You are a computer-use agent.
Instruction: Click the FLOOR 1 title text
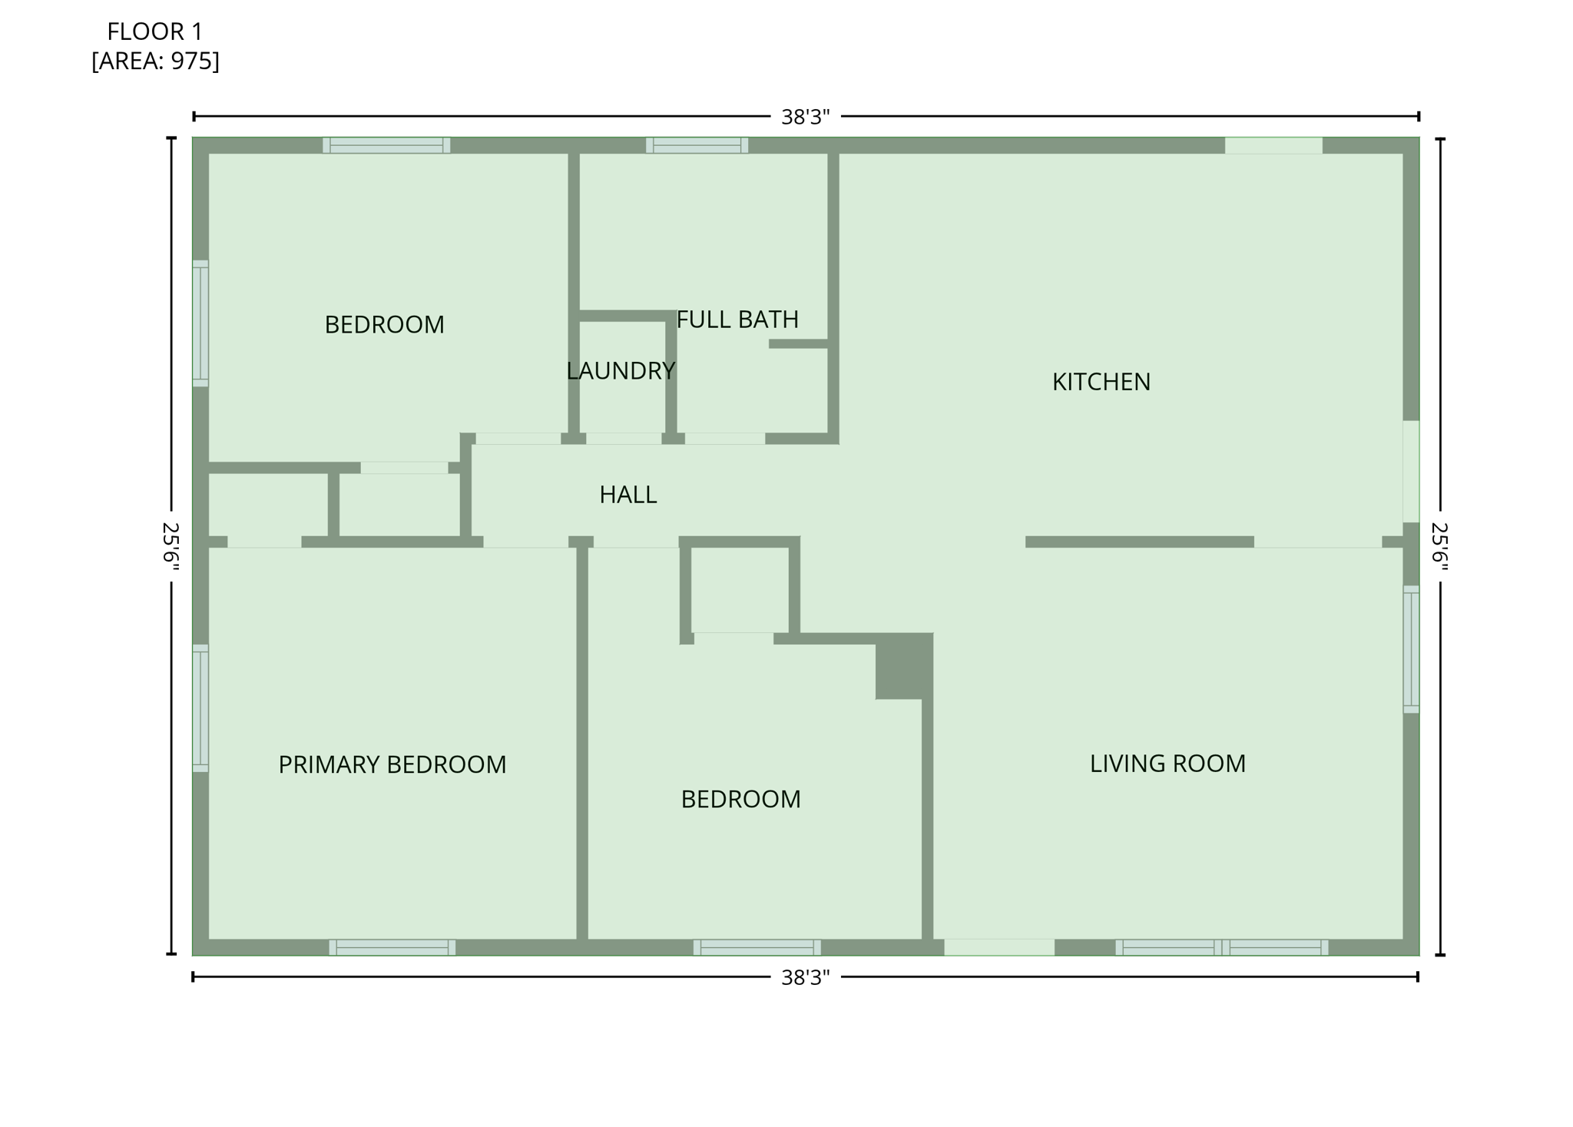coord(154,31)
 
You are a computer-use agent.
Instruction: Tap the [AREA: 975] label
coord(155,61)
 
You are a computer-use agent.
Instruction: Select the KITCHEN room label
coord(1101,382)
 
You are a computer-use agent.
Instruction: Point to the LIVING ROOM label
coord(1167,764)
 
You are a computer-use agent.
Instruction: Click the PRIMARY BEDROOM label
coord(392,764)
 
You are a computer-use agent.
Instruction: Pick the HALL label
coord(628,495)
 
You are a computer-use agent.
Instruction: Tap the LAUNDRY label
coord(621,371)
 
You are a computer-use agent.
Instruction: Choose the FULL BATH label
coord(737,319)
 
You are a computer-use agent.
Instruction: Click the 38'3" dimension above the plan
coord(805,117)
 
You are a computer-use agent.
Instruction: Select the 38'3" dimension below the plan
coord(805,977)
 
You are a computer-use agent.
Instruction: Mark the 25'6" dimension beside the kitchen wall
coord(1439,547)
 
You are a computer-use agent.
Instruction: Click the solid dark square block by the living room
coord(903,665)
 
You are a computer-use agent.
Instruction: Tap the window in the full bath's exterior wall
coord(697,145)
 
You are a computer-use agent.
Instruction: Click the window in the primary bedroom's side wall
coord(200,708)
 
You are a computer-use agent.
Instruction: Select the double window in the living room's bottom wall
coord(1221,947)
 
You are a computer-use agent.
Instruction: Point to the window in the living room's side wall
coord(1411,649)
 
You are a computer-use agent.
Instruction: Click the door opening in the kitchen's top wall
coord(1273,145)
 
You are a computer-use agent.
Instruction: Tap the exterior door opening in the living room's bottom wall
coord(998,947)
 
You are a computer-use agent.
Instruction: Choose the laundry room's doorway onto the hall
coord(624,439)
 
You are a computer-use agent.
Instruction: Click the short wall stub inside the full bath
coord(798,343)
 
